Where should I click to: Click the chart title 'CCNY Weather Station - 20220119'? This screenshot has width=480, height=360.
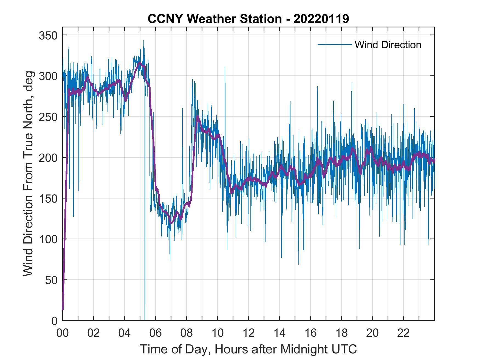[248, 19]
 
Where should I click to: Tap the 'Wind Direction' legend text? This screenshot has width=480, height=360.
[388, 45]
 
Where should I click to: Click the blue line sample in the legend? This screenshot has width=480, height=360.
[334, 44]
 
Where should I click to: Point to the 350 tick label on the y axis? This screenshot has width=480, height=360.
[48, 35]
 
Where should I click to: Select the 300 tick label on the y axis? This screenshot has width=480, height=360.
[48, 76]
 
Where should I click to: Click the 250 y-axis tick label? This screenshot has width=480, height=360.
[48, 117]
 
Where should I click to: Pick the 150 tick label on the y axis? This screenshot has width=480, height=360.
[48, 199]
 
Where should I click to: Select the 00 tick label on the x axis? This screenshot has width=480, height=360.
[63, 333]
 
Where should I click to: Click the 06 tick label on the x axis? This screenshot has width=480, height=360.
[156, 333]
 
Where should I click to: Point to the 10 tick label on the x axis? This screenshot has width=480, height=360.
[218, 333]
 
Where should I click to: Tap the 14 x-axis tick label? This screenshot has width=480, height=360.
[279, 333]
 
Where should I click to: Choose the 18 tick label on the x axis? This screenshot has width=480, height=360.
[341, 333]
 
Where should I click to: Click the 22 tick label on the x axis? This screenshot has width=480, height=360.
[403, 333]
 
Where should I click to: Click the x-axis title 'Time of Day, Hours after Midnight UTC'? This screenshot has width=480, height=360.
[248, 349]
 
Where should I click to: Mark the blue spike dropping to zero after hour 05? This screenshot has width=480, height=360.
[145, 307]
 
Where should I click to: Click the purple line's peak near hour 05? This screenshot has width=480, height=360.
[140, 63]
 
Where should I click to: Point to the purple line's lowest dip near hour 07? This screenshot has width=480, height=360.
[171, 223]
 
